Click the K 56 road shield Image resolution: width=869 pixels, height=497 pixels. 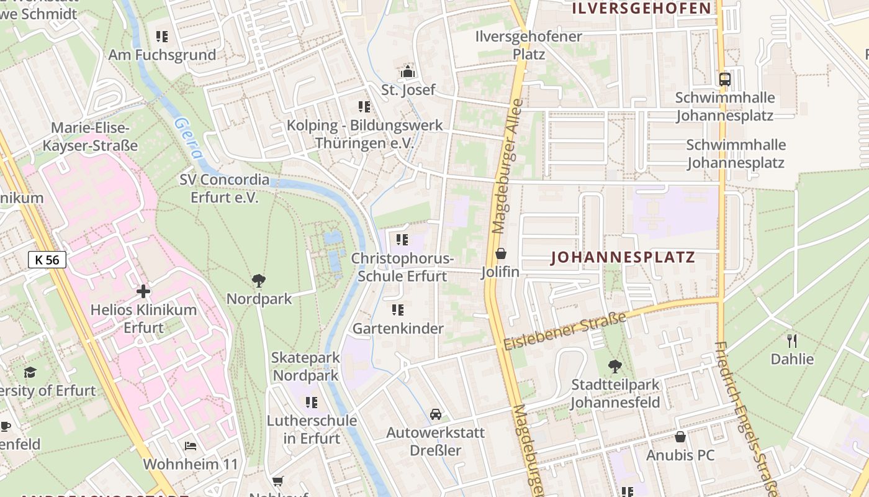47,260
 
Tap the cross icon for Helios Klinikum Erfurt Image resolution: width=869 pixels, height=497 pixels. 143,291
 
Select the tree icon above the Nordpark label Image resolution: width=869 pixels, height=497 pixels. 259,281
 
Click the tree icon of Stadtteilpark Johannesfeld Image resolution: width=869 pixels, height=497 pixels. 615,366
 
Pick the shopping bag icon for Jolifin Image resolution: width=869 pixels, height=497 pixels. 501,253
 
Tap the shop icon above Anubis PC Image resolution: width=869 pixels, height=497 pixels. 680,437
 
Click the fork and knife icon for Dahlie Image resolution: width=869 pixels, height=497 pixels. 792,340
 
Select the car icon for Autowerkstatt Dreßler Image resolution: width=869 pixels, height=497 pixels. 436,414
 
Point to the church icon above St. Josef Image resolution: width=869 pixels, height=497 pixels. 408,71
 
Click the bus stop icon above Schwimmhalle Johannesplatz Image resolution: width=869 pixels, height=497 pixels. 724,79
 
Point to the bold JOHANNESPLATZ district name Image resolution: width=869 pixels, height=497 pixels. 623,258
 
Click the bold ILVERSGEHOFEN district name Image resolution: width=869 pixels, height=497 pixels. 641,8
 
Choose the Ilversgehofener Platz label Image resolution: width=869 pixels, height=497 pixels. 529,45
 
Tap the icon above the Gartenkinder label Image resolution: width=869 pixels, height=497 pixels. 398,309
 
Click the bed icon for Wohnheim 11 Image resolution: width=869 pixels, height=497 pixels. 191,445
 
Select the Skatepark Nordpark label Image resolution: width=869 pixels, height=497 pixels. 306,367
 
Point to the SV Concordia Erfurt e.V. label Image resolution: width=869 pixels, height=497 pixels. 225,189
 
